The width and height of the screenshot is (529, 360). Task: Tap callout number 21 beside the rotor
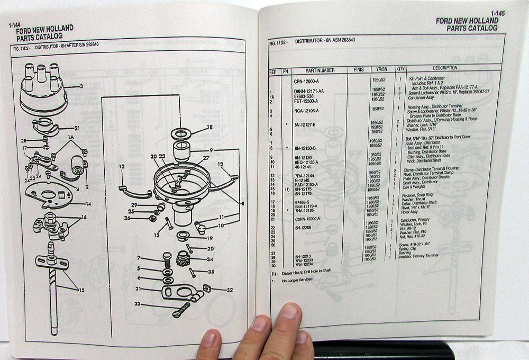77,128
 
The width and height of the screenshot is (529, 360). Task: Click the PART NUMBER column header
320,69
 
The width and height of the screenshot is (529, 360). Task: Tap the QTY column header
400,68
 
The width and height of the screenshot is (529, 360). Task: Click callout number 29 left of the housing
135,205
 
